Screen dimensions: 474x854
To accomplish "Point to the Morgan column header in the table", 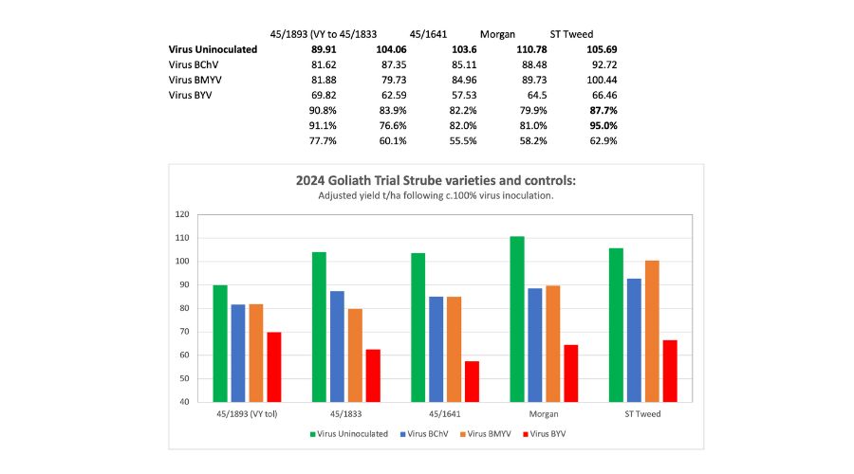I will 497,32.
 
